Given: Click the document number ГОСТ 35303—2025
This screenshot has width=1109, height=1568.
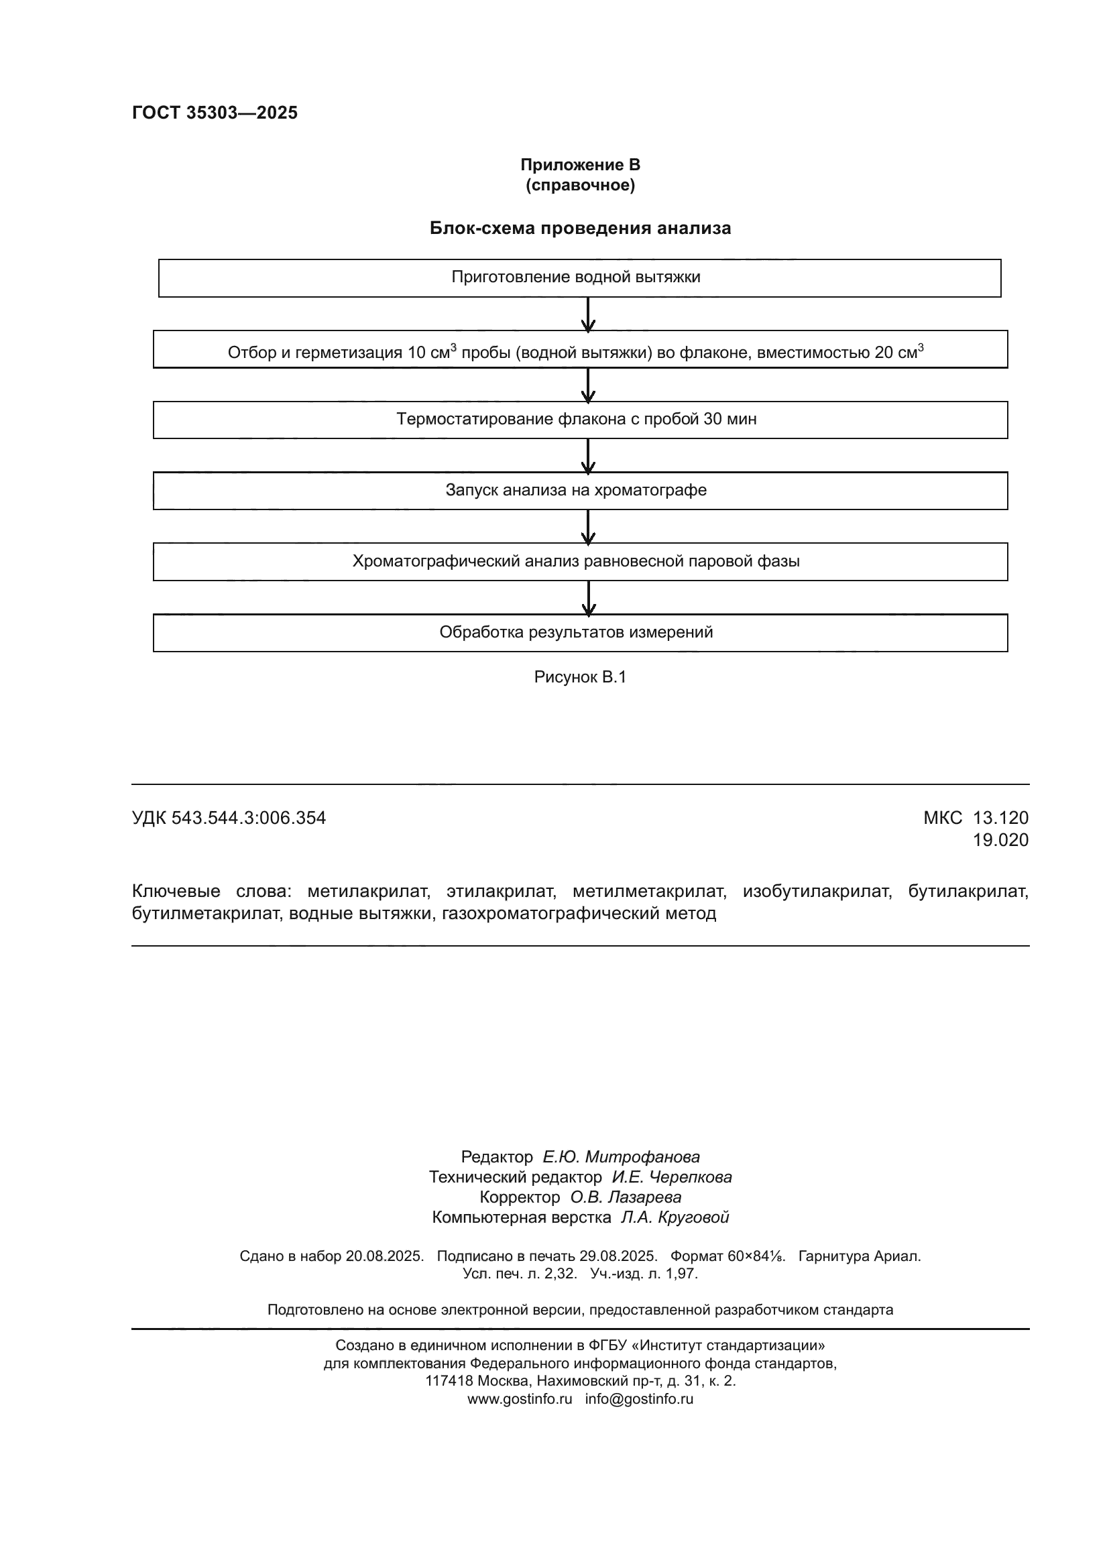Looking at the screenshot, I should point(215,113).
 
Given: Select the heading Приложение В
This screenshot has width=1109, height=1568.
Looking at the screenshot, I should point(580,165).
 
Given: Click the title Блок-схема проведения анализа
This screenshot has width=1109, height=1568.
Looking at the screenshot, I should point(580,228).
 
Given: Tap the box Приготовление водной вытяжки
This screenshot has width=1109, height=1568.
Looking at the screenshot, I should point(579,278).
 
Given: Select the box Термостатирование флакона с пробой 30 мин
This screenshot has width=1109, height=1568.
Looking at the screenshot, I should point(579,419).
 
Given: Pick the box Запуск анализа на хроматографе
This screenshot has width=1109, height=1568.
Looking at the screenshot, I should point(579,490).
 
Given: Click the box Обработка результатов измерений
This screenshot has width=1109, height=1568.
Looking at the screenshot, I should point(579,632).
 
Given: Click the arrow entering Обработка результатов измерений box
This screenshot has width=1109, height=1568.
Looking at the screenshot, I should point(588,598).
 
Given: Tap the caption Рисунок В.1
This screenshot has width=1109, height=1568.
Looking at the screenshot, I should point(580,677).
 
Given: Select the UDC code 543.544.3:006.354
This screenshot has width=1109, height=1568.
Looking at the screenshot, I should point(249,817).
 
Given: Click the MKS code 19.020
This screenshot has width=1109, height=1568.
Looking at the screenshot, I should point(1000,840).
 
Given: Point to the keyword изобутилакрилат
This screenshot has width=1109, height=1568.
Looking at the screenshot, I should point(817,891).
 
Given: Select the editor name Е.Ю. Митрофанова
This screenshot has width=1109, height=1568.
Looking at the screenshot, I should point(621,1157).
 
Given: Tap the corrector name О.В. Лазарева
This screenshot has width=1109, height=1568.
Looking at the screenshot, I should point(626,1197).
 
